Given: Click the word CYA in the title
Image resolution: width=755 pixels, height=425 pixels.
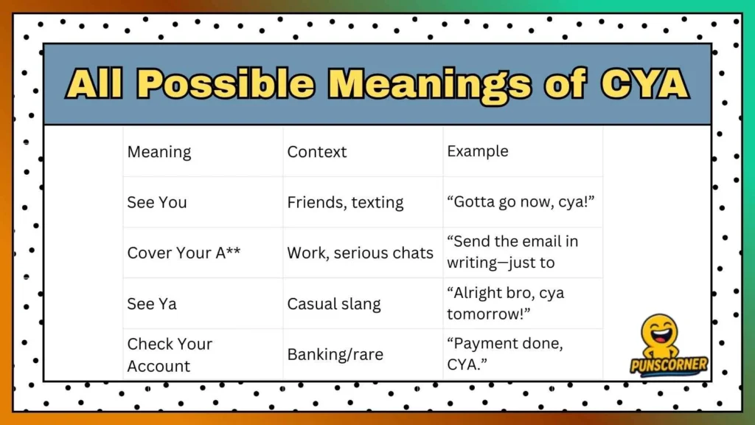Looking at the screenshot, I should (644, 84).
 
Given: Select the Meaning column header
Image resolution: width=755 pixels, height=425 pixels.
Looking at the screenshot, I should (159, 152).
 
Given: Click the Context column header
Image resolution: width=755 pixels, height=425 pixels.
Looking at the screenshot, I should (317, 152).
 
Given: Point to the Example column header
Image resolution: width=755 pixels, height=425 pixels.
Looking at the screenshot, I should (478, 151).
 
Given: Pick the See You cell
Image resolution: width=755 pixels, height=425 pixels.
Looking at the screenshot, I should (157, 202).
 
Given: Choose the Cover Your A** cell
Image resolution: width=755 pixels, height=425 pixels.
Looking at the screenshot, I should (184, 252).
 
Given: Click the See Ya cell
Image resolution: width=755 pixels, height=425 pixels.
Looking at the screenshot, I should (152, 303).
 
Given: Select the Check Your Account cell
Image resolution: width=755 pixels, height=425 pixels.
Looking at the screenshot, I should (170, 355).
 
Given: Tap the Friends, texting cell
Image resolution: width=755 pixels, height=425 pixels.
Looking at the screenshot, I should (345, 202).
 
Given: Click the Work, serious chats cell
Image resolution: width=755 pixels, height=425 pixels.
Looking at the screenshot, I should (360, 252).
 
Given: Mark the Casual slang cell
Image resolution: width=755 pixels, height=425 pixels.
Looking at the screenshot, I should (334, 303).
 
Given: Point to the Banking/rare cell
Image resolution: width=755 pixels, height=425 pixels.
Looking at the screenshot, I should (335, 355).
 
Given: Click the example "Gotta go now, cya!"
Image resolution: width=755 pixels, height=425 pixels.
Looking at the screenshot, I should (514, 202).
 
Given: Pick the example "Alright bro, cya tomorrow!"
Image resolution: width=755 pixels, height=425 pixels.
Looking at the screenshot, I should (506, 303).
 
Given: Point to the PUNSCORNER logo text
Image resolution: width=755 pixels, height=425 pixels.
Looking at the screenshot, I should (669, 364).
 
